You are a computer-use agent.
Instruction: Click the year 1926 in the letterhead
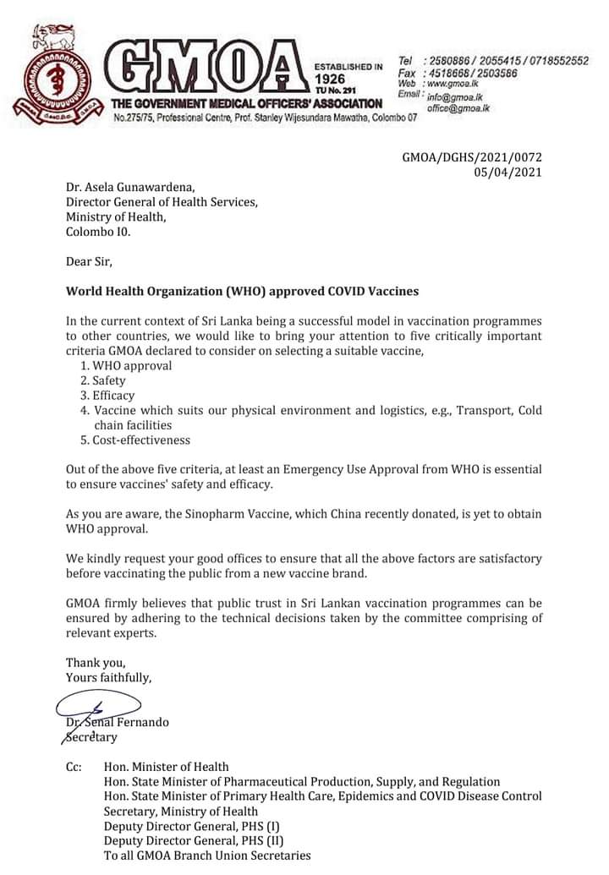click(332, 78)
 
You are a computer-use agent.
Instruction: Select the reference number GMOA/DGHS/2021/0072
click(472, 157)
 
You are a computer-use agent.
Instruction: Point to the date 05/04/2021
click(509, 172)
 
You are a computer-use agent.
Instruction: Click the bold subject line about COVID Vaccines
click(242, 291)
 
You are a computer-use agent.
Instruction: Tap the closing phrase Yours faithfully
click(109, 677)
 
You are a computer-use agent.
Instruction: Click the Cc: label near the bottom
click(74, 767)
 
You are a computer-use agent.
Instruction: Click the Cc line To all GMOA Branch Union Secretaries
click(207, 856)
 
